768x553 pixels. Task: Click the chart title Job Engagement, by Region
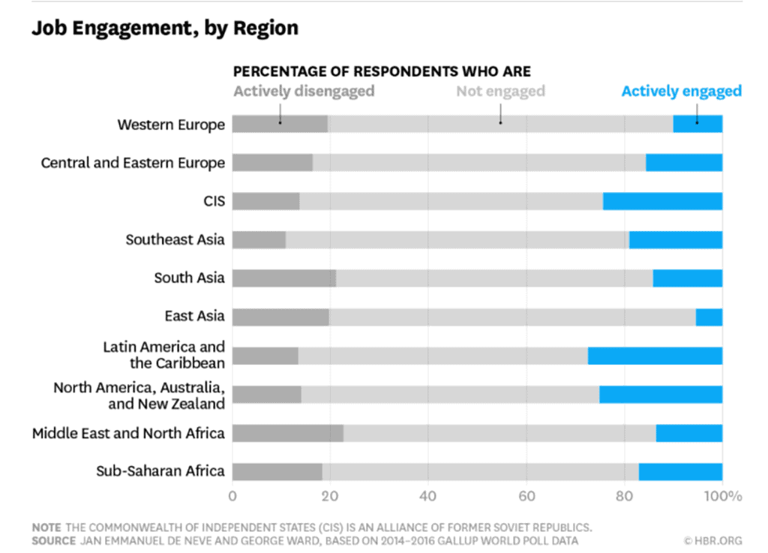pos(164,29)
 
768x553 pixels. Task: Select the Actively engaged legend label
pos(681,92)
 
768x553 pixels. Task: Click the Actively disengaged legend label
pos(304,92)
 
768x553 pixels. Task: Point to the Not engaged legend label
pos(500,92)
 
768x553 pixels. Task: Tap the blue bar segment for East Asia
pos(709,317)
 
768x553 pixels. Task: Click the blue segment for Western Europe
pos(697,124)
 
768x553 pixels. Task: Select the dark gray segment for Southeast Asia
pos(259,239)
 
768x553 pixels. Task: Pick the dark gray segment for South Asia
pos(284,278)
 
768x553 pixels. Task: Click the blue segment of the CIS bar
pos(662,201)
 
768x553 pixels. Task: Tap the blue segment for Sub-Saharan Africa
pos(680,471)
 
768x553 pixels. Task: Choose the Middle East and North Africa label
pos(128,433)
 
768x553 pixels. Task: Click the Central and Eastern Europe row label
pos(133,163)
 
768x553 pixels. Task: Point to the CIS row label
pos(214,201)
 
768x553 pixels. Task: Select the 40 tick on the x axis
pos(428,496)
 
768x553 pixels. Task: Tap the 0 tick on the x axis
pos(232,496)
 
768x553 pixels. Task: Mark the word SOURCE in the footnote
pos(53,540)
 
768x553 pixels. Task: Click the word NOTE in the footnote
pos(46,526)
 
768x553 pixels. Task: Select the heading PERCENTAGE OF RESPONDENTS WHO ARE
pos(382,72)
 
